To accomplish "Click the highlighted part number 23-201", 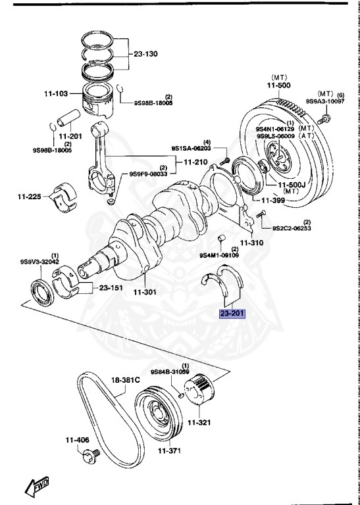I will (232, 314).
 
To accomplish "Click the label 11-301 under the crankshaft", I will (144, 292).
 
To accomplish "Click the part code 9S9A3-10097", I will (324, 102).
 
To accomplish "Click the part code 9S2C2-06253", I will (292, 228).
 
